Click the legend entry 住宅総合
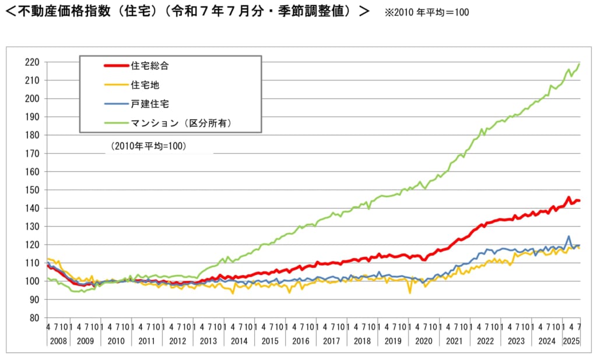(150, 66)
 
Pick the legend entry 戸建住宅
(150, 103)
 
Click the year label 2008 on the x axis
(58, 341)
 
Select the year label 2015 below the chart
(270, 341)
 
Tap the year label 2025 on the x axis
(572, 341)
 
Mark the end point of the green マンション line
(579, 63)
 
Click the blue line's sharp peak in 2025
(568, 237)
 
